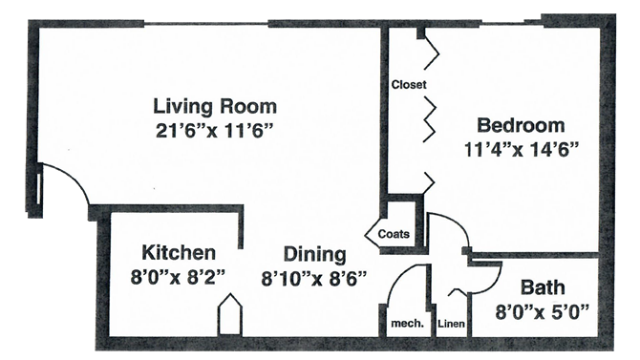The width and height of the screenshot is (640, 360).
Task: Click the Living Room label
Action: pos(215,106)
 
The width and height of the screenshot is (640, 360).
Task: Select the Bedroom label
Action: pos(521,125)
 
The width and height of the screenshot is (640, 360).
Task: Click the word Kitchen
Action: pos(179,253)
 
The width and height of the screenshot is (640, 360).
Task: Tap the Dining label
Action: pos(313,254)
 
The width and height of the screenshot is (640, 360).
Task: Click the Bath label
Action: pos(542,287)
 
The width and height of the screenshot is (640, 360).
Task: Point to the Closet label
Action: pos(408,85)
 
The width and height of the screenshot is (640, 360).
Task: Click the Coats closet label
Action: pos(394,232)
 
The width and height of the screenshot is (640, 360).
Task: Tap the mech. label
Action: pos(407,324)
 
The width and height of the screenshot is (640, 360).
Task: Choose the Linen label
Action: pos(451,324)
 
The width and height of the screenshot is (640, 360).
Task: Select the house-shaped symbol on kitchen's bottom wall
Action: pos(229,315)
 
